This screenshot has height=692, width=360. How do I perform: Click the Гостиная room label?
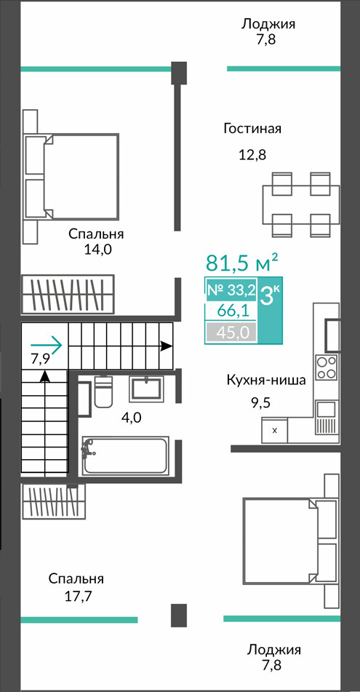(252, 129)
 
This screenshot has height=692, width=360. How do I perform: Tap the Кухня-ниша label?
(266, 380)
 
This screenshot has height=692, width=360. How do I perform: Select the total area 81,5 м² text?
(242, 263)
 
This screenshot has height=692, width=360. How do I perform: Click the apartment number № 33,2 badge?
(232, 290)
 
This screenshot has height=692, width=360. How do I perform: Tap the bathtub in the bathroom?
(126, 455)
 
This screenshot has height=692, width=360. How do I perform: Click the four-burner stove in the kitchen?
(327, 367)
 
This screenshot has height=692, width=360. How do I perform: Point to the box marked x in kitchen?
(274, 430)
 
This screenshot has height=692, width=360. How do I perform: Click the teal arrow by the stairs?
(47, 345)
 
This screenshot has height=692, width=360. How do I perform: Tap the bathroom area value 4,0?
(132, 417)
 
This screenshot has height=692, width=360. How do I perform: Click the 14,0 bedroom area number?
(98, 250)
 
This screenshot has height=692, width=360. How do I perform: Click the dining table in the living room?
(302, 204)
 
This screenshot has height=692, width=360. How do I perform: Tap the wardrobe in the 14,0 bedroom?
(68, 295)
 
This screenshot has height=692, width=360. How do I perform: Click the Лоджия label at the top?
(268, 24)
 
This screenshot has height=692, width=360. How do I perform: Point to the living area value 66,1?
(231, 311)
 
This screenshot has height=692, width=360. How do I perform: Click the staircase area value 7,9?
(40, 358)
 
